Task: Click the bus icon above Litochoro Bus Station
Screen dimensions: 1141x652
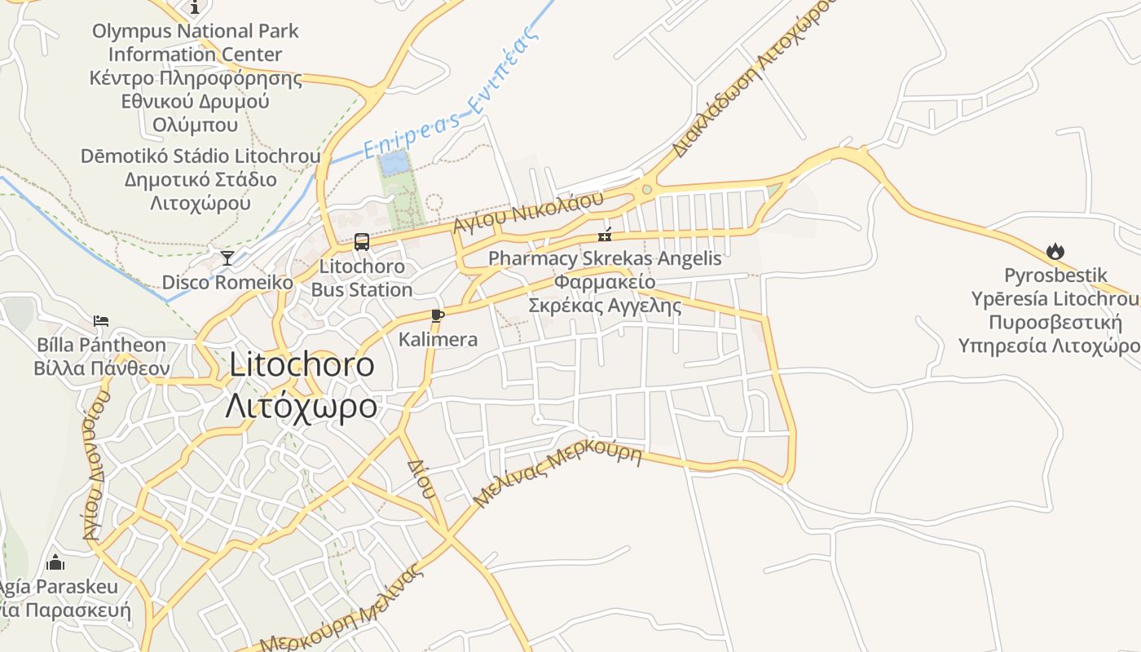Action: coord(361,242)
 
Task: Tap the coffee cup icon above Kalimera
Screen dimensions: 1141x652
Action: coord(438,315)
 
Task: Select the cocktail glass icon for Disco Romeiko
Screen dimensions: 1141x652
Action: coord(227,258)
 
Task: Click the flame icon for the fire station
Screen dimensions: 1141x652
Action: coord(1055,251)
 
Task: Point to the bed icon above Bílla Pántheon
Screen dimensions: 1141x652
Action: coord(101,320)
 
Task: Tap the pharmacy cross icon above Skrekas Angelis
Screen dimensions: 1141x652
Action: coord(605,236)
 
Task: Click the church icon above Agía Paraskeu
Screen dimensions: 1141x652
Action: coord(55,562)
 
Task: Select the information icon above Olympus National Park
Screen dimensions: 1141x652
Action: coord(195,8)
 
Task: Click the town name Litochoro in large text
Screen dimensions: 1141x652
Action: coord(302,364)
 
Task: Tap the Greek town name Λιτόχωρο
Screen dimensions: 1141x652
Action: coord(302,405)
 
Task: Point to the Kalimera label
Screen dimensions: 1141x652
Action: coord(438,339)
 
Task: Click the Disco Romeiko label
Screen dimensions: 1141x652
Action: coord(227,283)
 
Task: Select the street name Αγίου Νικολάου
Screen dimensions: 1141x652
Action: coord(529,211)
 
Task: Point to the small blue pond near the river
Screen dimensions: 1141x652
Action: coord(394,163)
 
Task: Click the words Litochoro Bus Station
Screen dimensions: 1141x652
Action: coord(362,278)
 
